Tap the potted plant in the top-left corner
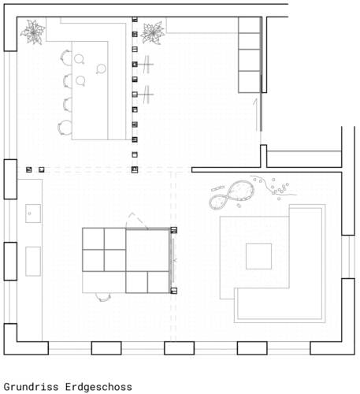coord(33,32)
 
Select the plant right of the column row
coord(151,32)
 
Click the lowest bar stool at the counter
coord(62,126)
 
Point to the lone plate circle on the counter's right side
coord(100,69)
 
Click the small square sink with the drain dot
coord(33,212)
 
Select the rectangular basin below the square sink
coord(33,261)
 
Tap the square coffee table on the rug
coord(258,256)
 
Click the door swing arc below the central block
coord(103,296)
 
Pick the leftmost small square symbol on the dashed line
coord(29,169)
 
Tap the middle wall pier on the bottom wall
coord(179,348)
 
